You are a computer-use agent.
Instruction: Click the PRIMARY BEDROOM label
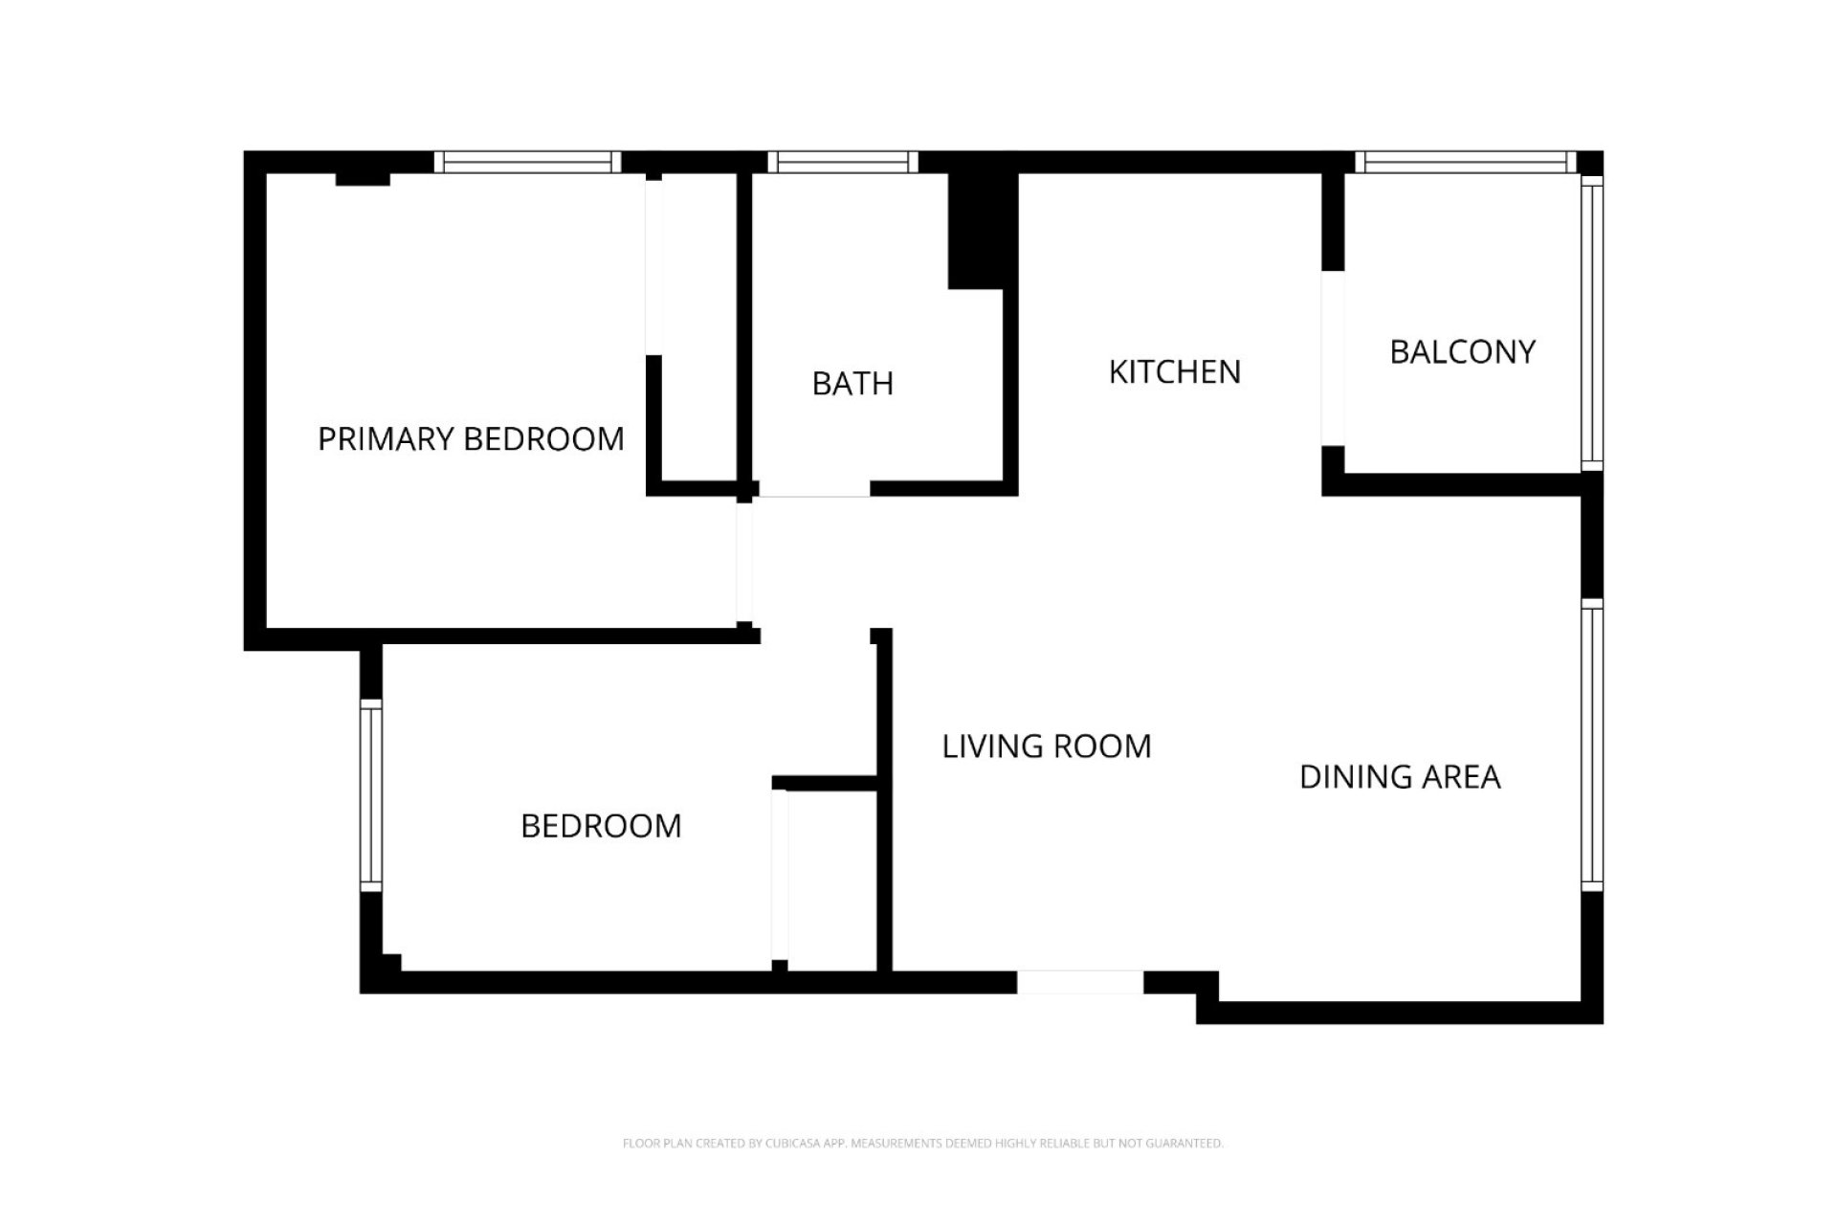[x=471, y=439]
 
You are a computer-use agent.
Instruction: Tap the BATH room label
[x=852, y=384]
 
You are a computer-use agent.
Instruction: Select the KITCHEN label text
[x=1174, y=372]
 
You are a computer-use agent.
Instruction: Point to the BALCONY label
[x=1462, y=352]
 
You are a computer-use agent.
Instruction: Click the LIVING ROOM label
[x=1047, y=746]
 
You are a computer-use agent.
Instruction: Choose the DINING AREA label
[x=1400, y=777]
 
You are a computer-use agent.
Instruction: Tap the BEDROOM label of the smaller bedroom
[x=601, y=826]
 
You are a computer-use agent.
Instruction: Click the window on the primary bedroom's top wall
[x=527, y=163]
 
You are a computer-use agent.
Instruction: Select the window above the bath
[x=842, y=163]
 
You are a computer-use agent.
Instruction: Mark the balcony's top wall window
[x=1464, y=163]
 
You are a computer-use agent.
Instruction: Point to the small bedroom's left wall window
[x=371, y=795]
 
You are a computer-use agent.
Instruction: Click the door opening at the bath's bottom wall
[x=814, y=489]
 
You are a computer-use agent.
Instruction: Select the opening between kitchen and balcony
[x=1333, y=358]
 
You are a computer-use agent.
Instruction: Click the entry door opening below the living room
[x=1079, y=982]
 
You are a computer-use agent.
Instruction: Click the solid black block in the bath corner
[x=980, y=230]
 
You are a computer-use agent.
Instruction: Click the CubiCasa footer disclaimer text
[x=922, y=1143]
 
